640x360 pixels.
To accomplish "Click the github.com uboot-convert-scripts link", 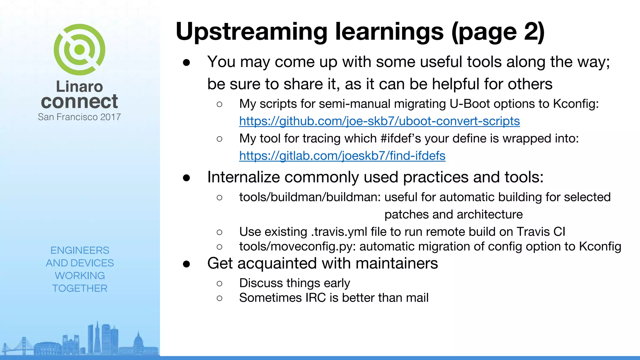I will tap(379, 121).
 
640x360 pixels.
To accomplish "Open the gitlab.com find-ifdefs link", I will tap(342, 156).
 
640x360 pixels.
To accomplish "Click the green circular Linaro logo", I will tap(79, 50).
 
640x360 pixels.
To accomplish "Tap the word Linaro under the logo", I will tap(79, 87).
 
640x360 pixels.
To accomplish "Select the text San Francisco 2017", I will tap(79, 117).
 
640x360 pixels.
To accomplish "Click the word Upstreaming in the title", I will tap(251, 32).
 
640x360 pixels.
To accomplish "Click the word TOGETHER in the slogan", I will tap(80, 288).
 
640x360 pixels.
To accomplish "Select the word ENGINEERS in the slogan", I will tap(80, 250).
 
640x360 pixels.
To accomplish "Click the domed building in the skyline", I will tap(138, 342).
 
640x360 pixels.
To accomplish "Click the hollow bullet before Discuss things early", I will tap(219, 283).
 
